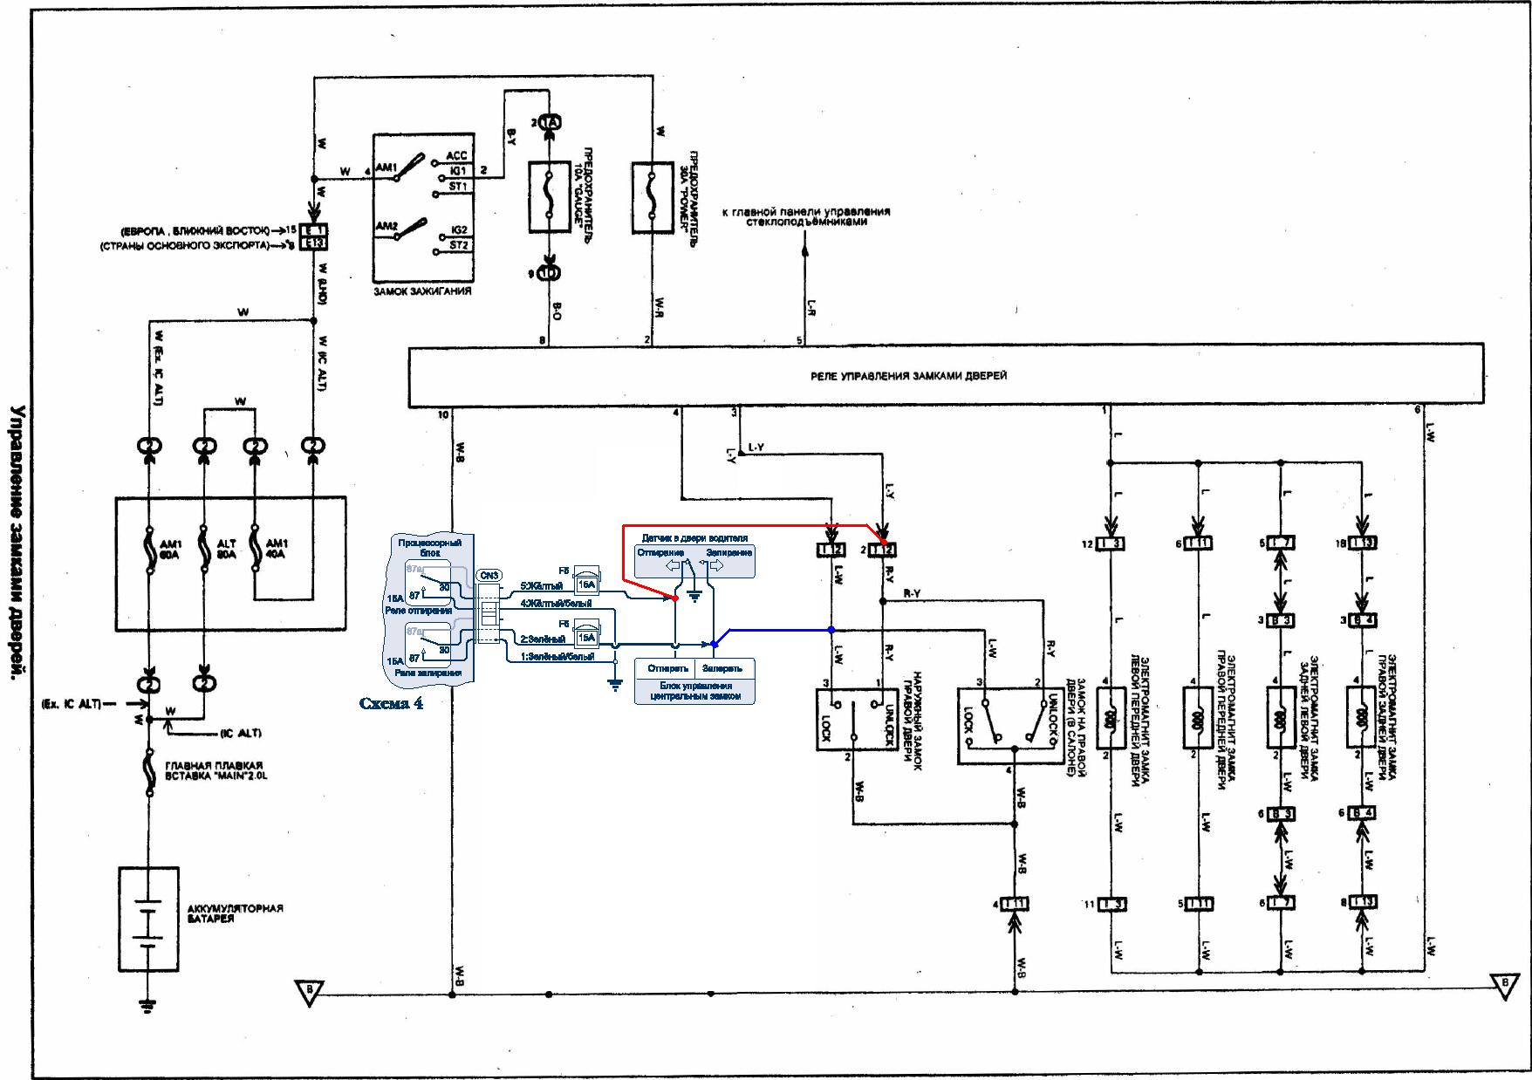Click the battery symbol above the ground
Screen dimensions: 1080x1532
coord(149,919)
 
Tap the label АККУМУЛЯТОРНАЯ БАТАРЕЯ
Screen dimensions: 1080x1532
coord(236,913)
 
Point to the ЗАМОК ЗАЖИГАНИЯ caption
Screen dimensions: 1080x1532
coord(421,291)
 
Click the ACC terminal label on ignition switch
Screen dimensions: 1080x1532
coord(456,155)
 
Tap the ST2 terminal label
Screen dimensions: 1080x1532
coord(459,246)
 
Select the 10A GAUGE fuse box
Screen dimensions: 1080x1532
coord(549,197)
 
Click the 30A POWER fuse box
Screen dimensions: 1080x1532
coord(653,197)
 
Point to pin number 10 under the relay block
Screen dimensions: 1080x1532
coord(443,415)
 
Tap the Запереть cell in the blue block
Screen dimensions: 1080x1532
coord(723,668)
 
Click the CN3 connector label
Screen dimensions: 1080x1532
coord(489,576)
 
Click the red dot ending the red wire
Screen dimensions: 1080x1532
coord(675,598)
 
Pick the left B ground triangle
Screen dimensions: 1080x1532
coord(308,992)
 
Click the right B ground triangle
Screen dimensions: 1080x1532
coord(1503,984)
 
